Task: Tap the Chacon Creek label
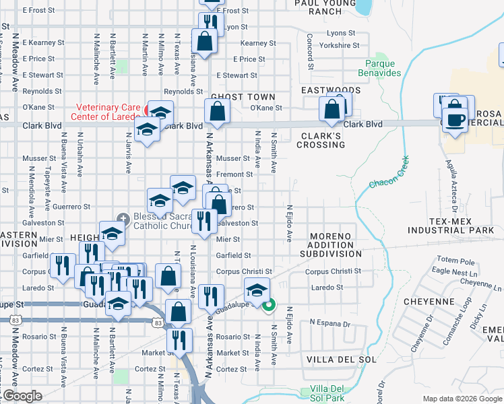click(389, 174)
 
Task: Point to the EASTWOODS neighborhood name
click(331, 90)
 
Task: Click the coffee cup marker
click(455, 119)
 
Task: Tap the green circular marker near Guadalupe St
click(268, 306)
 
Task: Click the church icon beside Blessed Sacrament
click(123, 217)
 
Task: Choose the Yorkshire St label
click(340, 45)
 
